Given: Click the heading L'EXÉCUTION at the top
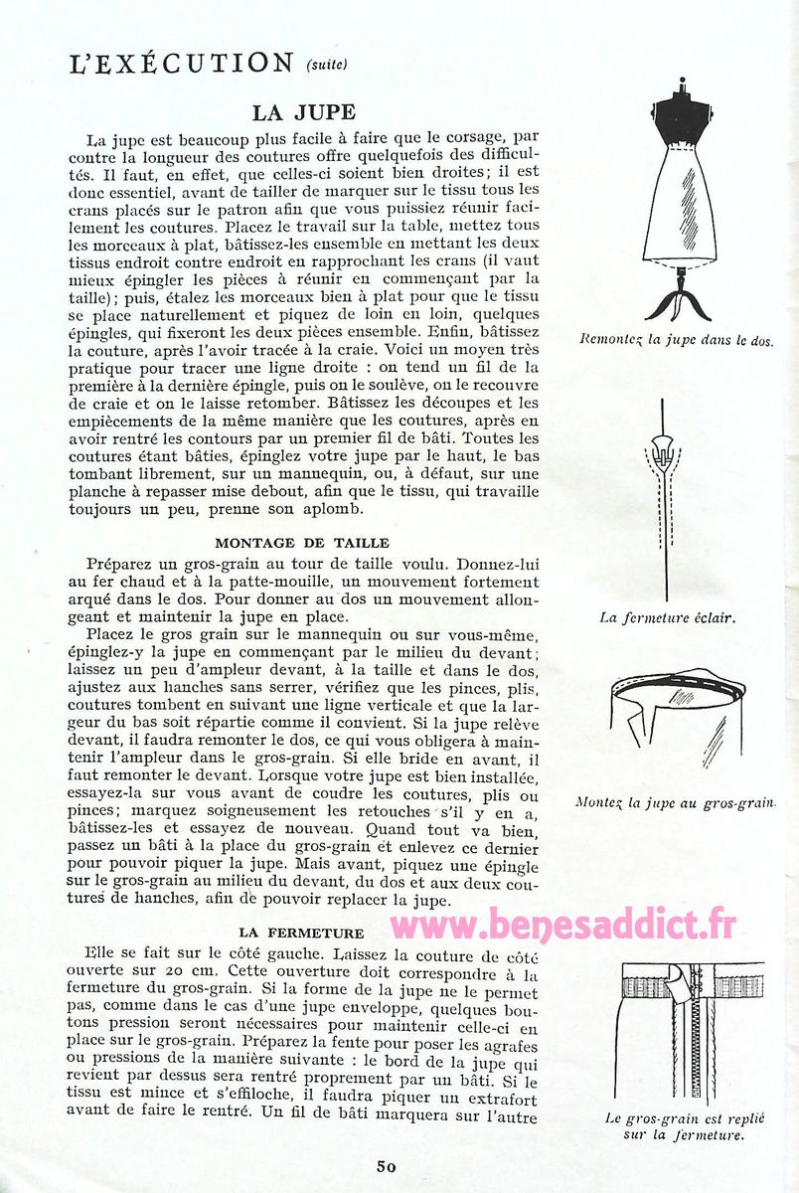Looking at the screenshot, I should tap(182, 64).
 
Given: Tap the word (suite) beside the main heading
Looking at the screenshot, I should tap(327, 66).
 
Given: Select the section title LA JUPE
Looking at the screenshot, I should tap(303, 112).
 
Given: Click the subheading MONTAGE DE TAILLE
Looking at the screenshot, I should tap(302, 543).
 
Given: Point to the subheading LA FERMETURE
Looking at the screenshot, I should tap(302, 933).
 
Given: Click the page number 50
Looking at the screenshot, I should tap(387, 1166).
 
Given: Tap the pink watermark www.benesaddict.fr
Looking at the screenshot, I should tap(562, 925).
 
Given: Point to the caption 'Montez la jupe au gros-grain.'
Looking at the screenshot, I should tap(676, 801).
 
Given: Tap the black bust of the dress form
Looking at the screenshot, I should tap(681, 121).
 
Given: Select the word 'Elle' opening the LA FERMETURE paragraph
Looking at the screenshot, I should tap(102, 951).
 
